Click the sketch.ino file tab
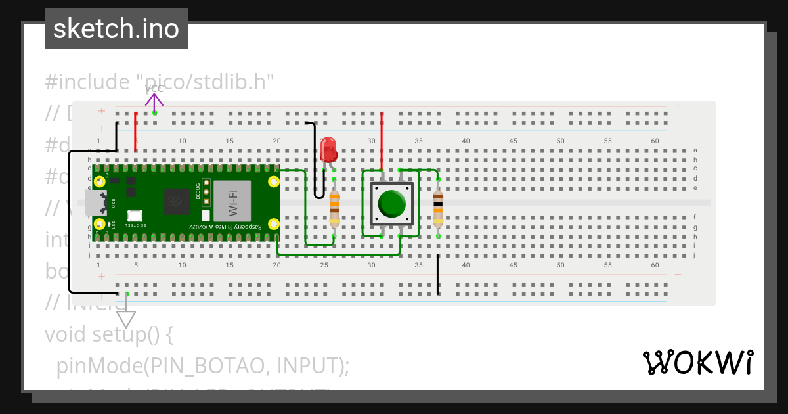[x=116, y=29]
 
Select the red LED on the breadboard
[x=328, y=150]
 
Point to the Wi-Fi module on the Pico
[x=232, y=200]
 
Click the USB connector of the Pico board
[x=97, y=202]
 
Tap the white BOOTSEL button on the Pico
[x=135, y=216]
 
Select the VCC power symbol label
[x=154, y=89]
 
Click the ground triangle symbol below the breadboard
[x=126, y=319]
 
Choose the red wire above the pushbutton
[x=382, y=140]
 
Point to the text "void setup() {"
[x=108, y=334]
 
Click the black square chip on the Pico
[x=176, y=201]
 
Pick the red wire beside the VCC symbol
[x=136, y=131]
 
